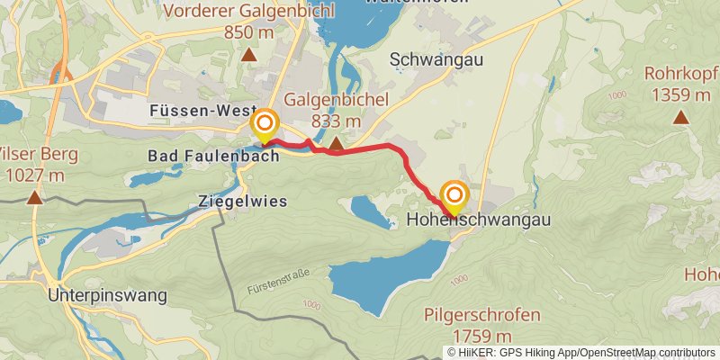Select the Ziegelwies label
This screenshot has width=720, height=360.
tap(242, 202)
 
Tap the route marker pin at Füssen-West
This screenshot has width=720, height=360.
tap(265, 126)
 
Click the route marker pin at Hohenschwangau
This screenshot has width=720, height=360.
tap(454, 197)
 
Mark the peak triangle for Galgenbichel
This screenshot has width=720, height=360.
tap(336, 144)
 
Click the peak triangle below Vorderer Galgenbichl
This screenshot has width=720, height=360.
tap(248, 55)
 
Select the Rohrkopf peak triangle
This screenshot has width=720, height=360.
tap(681, 116)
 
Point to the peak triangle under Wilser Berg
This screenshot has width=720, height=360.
tap(34, 197)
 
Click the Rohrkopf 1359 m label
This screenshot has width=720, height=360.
tap(681, 84)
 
